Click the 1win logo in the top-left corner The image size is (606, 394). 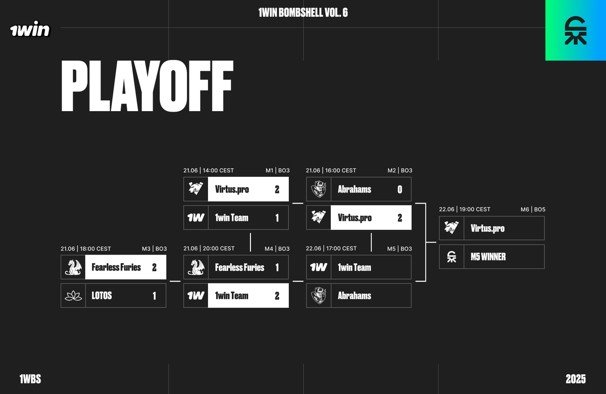click(30, 30)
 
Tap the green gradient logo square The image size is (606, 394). click(576, 30)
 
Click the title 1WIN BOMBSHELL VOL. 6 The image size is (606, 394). click(303, 13)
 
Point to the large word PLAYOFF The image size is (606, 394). click(147, 87)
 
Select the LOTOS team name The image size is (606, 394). click(102, 296)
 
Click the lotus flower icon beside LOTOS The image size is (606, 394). click(73, 296)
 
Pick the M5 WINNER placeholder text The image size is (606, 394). click(488, 257)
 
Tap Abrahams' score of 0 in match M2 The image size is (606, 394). click(400, 189)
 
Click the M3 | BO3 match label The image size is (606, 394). click(154, 249)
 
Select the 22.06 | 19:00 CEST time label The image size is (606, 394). click(465, 209)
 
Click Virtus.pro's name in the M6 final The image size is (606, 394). click(487, 228)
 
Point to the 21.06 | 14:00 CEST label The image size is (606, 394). click(209, 170)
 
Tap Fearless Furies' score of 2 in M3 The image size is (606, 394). click(155, 267)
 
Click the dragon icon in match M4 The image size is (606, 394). click(196, 267)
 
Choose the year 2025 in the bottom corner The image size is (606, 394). click(576, 379)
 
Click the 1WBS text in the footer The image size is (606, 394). click(30, 379)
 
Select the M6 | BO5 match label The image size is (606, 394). click(532, 209)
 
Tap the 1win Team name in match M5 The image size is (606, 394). click(354, 267)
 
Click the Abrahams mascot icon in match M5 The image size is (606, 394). click(319, 296)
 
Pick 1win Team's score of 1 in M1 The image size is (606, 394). click(277, 218)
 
